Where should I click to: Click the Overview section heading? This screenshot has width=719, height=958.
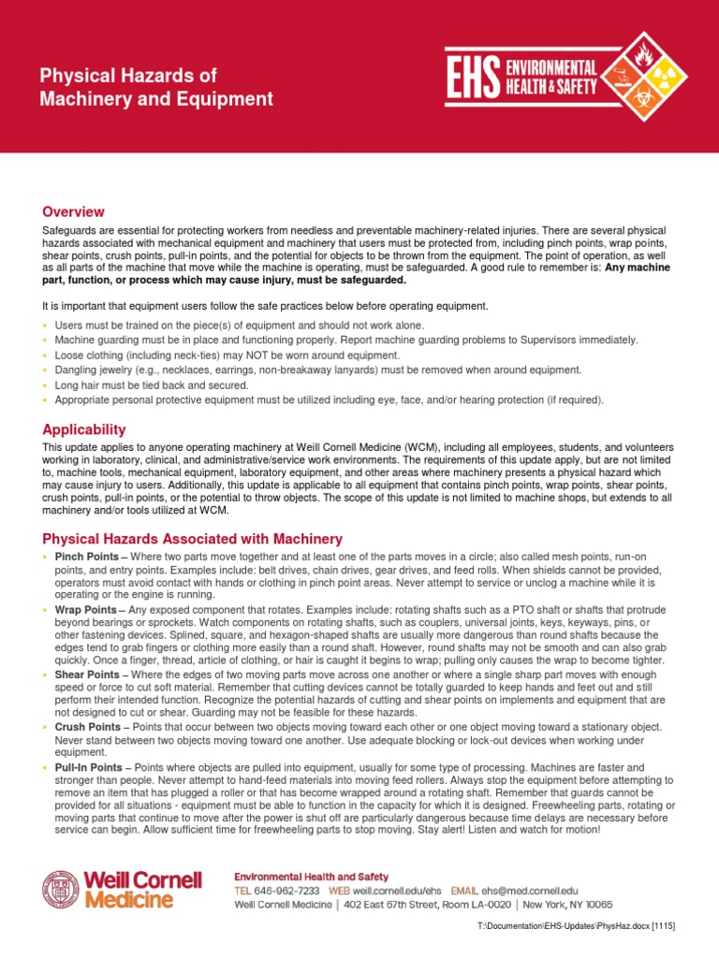click(73, 211)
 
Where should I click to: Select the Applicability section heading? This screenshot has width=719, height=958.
click(83, 429)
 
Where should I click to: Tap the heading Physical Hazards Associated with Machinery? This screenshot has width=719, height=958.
click(192, 539)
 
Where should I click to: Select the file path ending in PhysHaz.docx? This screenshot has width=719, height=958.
click(576, 925)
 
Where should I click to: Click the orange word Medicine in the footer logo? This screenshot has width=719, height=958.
click(128, 900)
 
